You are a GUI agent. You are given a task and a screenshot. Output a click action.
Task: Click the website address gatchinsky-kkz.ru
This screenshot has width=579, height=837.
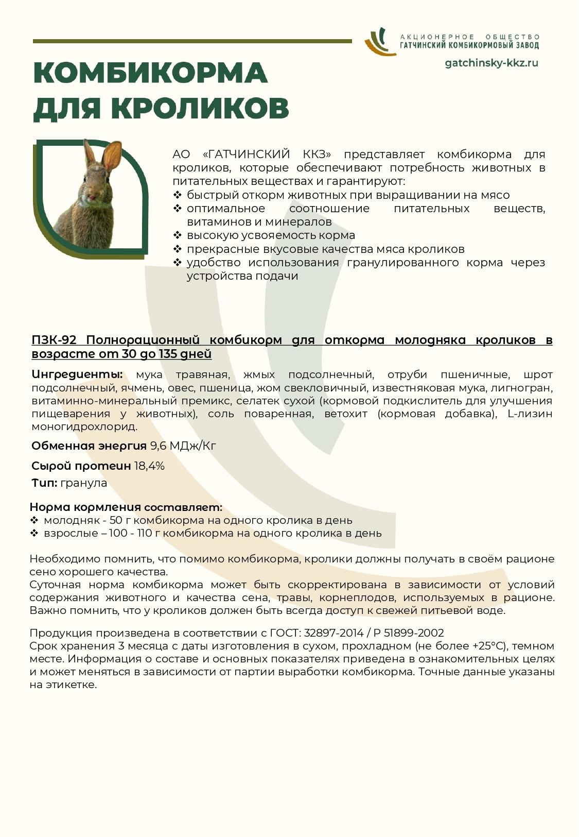(491, 63)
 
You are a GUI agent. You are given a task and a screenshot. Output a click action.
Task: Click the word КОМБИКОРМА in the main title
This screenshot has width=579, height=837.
(150, 73)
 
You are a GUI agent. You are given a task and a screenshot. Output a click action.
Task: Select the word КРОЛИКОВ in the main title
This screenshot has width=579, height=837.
(200, 108)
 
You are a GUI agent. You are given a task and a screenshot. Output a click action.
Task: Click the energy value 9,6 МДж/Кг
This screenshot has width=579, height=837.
(183, 446)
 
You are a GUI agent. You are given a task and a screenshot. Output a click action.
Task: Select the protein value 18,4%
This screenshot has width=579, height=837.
(149, 466)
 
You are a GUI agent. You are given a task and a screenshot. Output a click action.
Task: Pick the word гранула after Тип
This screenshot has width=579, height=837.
(83, 483)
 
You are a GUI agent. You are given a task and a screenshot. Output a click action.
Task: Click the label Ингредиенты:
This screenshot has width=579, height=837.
(77, 374)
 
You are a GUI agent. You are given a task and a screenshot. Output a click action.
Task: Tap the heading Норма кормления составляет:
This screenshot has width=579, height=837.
(126, 507)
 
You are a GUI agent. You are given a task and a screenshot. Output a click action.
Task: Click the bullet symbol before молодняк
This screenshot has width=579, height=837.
(34, 520)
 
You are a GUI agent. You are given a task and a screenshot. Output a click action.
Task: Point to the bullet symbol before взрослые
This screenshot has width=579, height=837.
(34, 533)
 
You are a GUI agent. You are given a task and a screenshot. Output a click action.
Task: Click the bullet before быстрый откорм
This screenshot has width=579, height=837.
(178, 195)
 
